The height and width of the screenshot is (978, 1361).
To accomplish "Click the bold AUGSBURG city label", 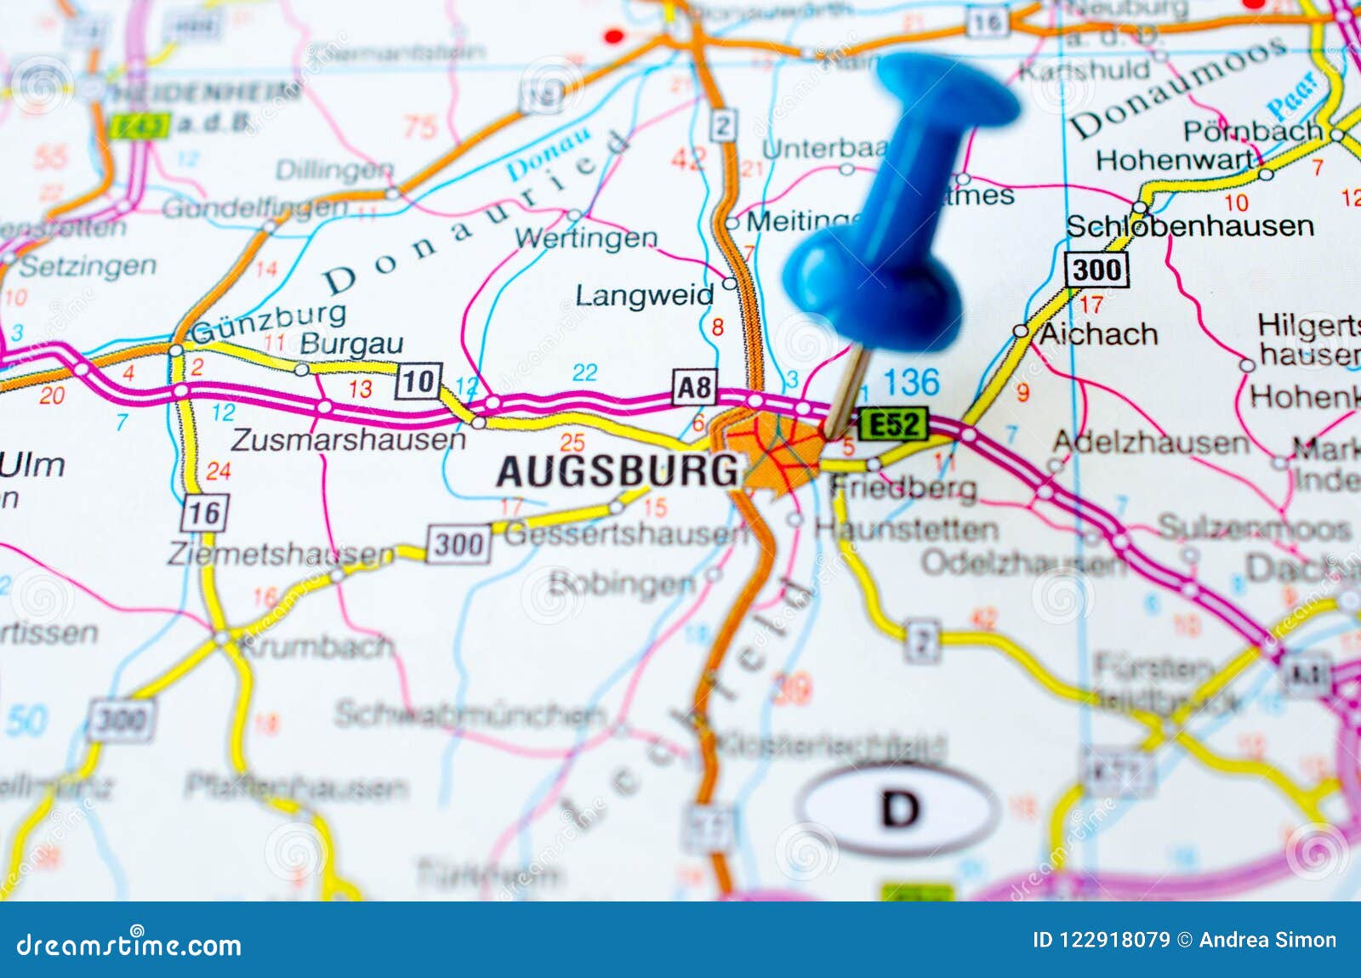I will pos(618,470).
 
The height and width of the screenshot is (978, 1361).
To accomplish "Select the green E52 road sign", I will pos(892,424).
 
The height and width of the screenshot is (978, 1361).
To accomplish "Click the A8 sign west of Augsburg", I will pos(694,387).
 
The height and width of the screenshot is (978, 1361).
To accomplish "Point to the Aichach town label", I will pos(1098,334).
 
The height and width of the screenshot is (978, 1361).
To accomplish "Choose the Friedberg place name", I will pos(903,487).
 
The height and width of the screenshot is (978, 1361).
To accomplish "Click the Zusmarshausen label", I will pos(348,440).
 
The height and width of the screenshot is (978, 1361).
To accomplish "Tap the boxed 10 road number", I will pos(419,380).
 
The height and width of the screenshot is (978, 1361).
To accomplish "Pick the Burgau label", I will pos(351,344).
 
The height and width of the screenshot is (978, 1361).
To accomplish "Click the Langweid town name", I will pos(645,296).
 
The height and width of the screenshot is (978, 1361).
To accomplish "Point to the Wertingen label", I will pos(586,238).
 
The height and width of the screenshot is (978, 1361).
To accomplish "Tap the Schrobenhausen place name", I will pos(1189,226).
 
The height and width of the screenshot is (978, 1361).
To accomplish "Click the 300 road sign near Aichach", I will pos(1097,270).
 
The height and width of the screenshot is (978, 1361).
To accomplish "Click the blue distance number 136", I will pos(911,383).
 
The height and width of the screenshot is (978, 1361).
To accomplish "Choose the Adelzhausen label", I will pos(1151,442).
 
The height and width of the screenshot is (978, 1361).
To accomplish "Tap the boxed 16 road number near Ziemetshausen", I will pos(204,513).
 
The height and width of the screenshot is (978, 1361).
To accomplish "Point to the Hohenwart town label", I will pos(1175,160).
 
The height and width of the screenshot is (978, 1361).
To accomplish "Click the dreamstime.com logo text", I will pos(129,945).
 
